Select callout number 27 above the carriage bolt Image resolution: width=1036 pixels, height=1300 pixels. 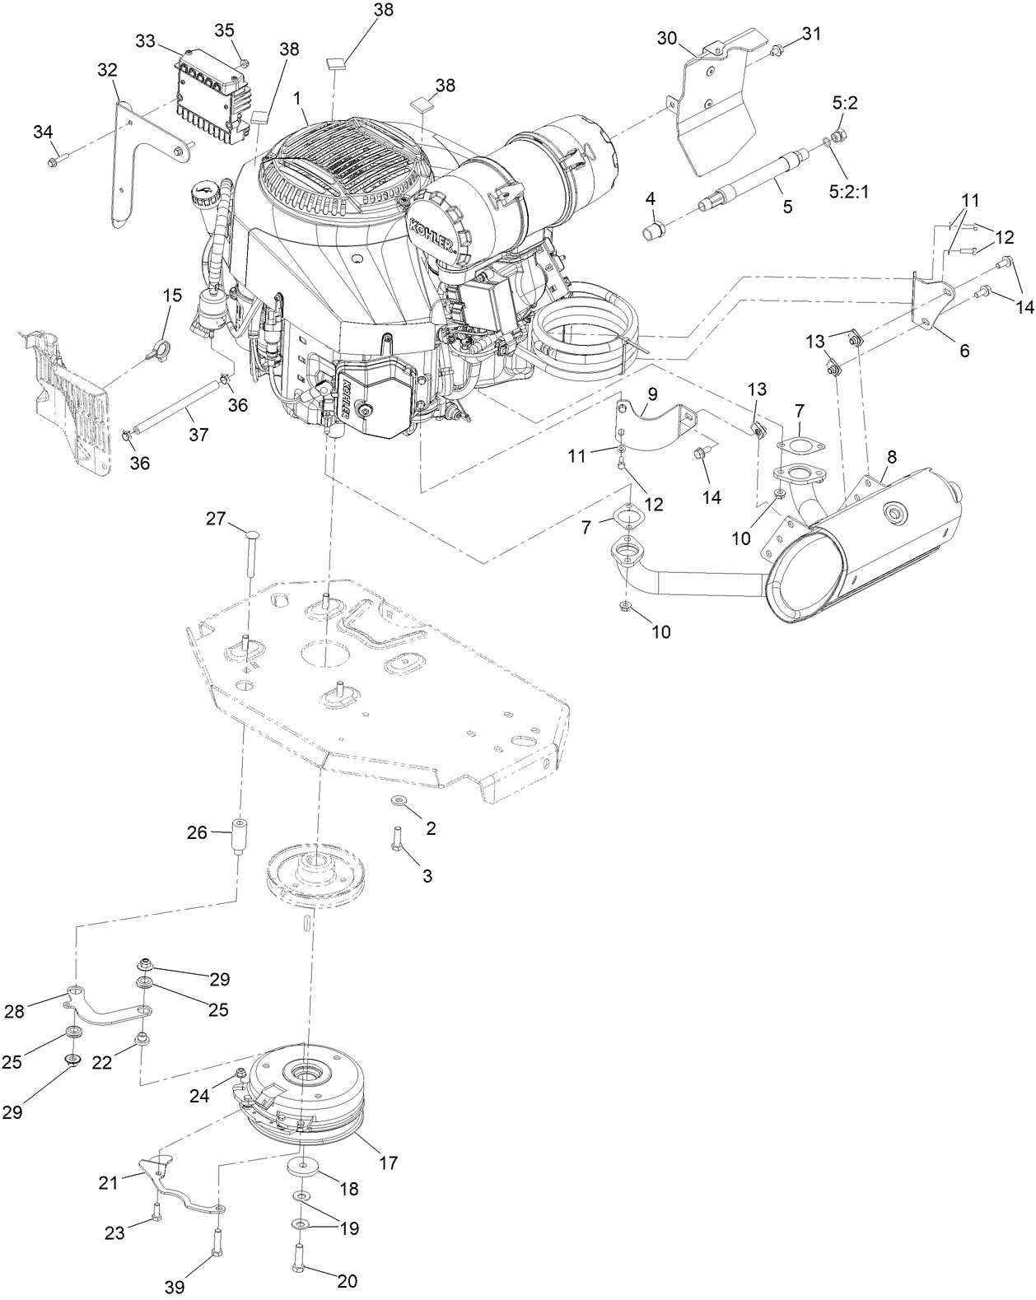tap(216, 518)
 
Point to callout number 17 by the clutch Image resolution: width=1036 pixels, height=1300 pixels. tap(388, 1163)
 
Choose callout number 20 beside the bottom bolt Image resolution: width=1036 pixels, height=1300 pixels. tap(348, 1280)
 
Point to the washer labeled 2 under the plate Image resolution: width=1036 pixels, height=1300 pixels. tap(399, 800)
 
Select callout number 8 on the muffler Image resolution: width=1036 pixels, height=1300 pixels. tap(892, 455)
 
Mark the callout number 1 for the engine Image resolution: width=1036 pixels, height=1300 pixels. tap(298, 97)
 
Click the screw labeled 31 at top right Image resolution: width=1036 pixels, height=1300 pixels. tap(777, 52)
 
